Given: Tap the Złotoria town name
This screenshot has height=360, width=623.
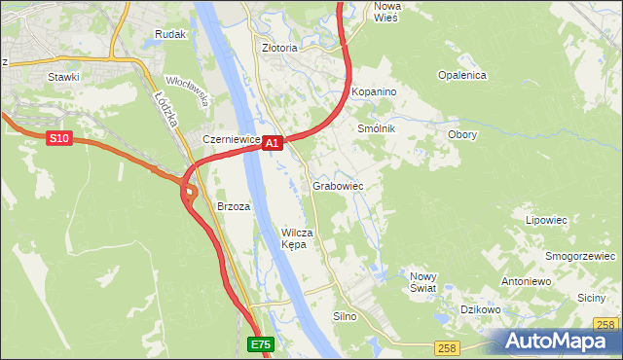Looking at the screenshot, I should pyautogui.click(x=274, y=47).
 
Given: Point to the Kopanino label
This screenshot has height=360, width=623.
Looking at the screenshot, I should pyautogui.click(x=375, y=90).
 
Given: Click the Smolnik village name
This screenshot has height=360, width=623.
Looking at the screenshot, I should pyautogui.click(x=377, y=128).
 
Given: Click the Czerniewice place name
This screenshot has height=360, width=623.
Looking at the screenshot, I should pyautogui.click(x=232, y=139).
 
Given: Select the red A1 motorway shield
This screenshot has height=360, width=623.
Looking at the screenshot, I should pyautogui.click(x=273, y=143).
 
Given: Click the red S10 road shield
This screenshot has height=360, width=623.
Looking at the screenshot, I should pyautogui.click(x=59, y=139).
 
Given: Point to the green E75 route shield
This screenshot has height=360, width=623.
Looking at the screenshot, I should pyautogui.click(x=260, y=344).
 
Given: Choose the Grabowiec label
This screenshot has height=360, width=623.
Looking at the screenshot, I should pyautogui.click(x=338, y=185).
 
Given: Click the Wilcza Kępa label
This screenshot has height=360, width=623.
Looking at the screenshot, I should pyautogui.click(x=296, y=238).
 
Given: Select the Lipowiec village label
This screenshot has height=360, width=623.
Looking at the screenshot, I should pyautogui.click(x=546, y=220).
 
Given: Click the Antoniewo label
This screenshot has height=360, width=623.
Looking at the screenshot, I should pyautogui.click(x=526, y=281).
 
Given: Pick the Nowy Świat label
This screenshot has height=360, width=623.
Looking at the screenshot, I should pyautogui.click(x=422, y=281).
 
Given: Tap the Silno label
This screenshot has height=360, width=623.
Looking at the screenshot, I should pyautogui.click(x=346, y=316).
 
